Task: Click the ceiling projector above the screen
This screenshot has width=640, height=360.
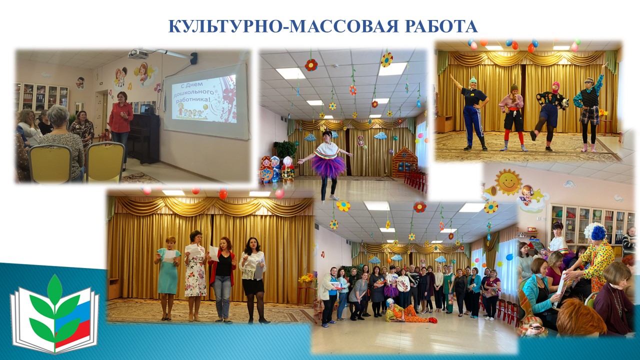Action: (138, 53)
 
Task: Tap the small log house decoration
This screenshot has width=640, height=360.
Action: (405, 162)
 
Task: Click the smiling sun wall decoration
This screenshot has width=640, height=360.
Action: (508, 181)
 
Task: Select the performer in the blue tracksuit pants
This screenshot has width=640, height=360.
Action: (473, 113)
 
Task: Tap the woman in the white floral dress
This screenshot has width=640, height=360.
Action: (195, 275)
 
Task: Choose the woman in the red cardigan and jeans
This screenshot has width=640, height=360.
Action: (223, 279)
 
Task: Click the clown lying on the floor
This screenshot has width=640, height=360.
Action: (409, 311)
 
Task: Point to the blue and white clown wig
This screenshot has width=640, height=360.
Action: (595, 231)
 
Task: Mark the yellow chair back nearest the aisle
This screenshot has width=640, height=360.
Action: (105, 161)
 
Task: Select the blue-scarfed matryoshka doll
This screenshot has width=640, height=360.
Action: (275, 168)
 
